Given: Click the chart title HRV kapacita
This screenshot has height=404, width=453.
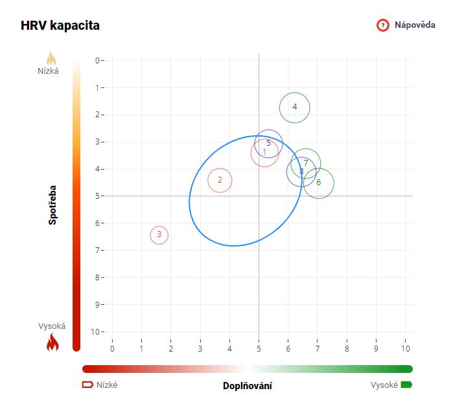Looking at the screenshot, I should (60, 26).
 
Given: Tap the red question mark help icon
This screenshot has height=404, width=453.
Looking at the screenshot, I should (383, 25).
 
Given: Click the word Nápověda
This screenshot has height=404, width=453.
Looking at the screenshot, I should (415, 25).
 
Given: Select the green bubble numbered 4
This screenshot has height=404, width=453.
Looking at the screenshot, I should (295, 107).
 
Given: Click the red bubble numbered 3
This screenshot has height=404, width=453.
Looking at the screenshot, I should (159, 234).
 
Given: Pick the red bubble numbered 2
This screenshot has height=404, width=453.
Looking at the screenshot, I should (220, 180).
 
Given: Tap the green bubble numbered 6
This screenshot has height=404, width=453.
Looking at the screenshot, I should (319, 183).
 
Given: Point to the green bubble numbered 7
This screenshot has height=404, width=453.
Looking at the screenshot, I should (306, 163).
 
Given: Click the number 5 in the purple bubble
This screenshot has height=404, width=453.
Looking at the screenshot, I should (268, 142).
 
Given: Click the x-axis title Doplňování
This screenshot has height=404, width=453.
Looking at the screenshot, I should (248, 386).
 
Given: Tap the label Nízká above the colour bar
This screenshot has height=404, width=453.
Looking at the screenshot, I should (48, 71).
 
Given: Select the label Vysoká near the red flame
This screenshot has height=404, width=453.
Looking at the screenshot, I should (52, 326).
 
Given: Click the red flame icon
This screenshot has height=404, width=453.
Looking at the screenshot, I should (52, 342).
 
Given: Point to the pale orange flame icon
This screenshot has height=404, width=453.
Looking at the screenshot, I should (52, 58).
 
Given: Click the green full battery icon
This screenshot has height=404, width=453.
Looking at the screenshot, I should (406, 385).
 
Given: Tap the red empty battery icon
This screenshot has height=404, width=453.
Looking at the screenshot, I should (87, 385).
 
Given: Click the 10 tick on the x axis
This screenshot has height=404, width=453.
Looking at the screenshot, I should (406, 348).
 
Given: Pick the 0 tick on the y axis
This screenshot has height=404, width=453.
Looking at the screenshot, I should (97, 61).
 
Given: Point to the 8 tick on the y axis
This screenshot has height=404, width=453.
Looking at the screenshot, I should (97, 277).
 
